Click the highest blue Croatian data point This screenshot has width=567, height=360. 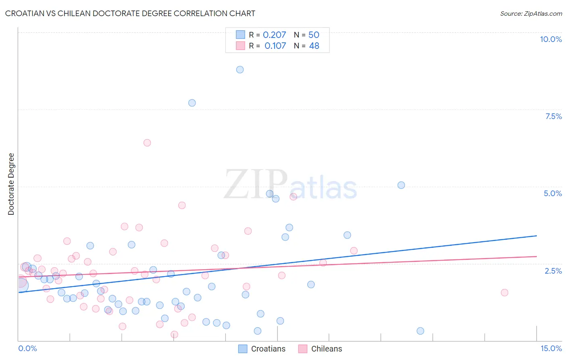point(240,69)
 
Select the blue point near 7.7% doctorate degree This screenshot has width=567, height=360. point(192,103)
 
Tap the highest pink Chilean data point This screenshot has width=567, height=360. point(147,143)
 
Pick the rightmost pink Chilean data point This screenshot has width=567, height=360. point(504,293)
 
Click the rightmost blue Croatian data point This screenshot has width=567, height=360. point(420,331)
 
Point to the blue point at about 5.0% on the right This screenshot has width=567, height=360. point(401,185)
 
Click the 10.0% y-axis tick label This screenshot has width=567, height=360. point(550,39)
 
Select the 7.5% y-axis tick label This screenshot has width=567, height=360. point(553,116)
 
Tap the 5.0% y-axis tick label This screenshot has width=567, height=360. point(552,193)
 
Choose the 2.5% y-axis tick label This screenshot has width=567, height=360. point(553,271)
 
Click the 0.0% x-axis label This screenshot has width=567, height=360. point(27,348)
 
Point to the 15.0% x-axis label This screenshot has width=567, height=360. point(551,348)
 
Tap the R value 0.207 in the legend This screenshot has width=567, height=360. point(274,35)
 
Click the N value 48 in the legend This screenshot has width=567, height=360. point(314,46)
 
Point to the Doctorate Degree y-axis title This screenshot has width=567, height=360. point(11,184)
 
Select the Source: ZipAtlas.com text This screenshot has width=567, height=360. point(531,13)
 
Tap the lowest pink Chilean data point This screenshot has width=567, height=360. point(175,335)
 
